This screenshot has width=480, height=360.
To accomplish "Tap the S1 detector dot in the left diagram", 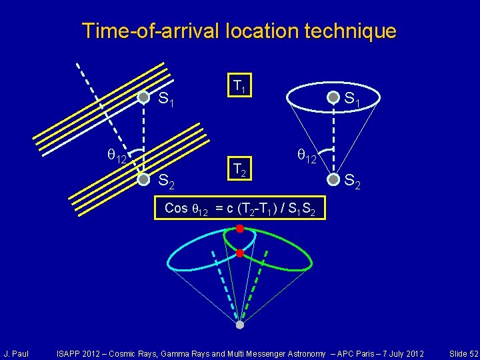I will tap(143, 97).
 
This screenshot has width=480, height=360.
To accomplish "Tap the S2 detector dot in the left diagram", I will tap(143, 179).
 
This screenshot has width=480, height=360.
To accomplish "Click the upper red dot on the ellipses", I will tap(240, 229).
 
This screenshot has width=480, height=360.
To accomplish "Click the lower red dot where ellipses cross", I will tap(240, 253).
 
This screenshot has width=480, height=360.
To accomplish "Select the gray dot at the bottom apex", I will tap(240, 325).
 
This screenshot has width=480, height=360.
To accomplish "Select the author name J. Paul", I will tap(16, 353).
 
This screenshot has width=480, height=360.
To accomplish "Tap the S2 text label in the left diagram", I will tap(166, 181).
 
